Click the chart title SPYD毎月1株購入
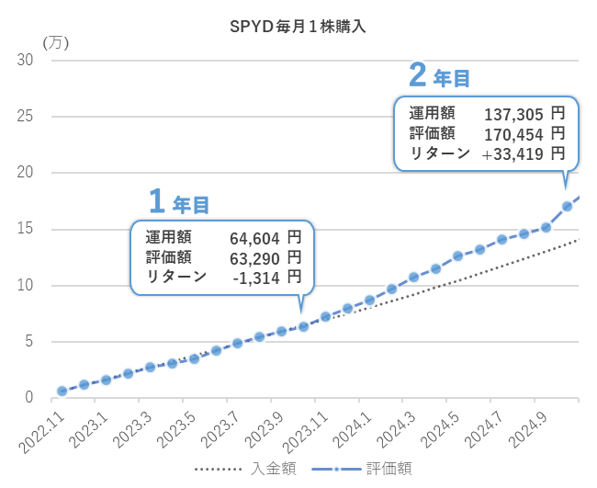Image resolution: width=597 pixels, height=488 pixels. (x=298, y=27)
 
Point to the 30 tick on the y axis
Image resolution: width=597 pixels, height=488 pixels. (x=27, y=61)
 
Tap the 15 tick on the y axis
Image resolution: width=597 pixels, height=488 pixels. (x=27, y=229)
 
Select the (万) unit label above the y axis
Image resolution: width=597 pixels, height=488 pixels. (x=55, y=41)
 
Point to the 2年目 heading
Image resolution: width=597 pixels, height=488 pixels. (x=440, y=76)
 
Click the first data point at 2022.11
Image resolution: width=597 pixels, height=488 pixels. (x=62, y=391)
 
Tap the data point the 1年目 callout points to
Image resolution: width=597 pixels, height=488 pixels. (x=303, y=326)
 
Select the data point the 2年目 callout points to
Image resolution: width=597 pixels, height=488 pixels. (x=567, y=206)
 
